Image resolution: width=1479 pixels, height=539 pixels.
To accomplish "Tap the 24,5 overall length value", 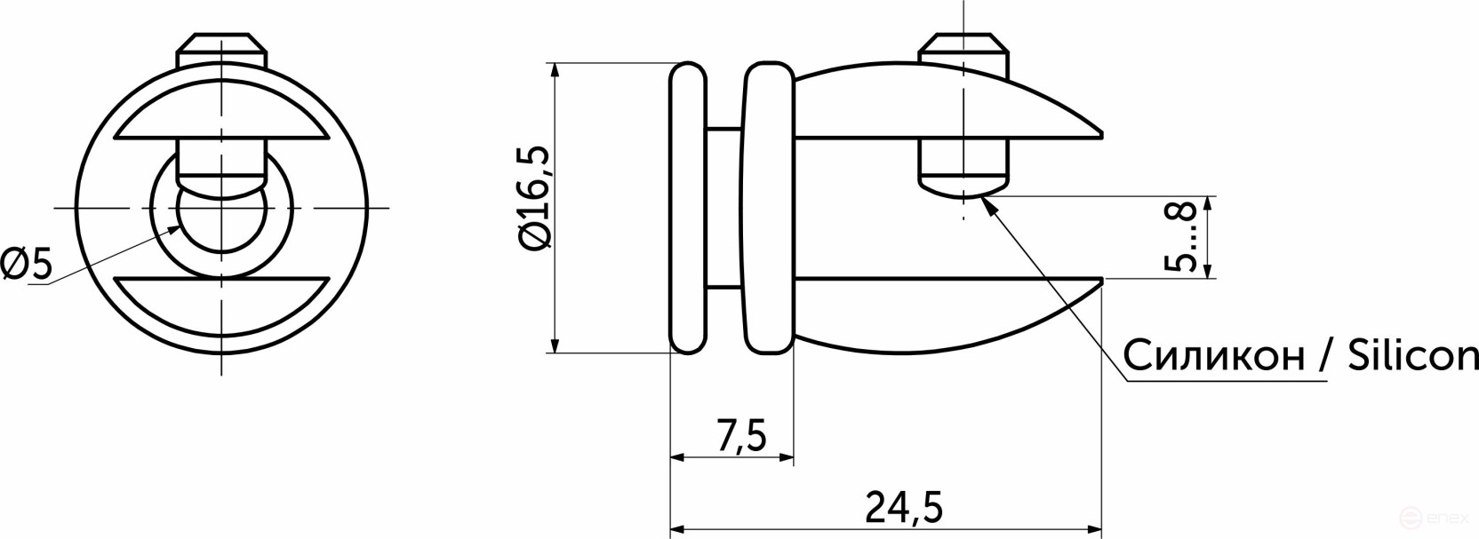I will click(x=902, y=508).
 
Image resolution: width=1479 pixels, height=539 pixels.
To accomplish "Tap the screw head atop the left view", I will click(x=221, y=50).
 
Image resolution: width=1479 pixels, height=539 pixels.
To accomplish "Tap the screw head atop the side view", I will click(x=963, y=50).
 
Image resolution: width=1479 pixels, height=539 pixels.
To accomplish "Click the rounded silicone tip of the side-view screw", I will click(x=963, y=186).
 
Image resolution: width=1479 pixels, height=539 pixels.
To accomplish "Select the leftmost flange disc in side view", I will click(x=689, y=208).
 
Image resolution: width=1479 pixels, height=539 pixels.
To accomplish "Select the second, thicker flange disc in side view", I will click(x=769, y=208).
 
